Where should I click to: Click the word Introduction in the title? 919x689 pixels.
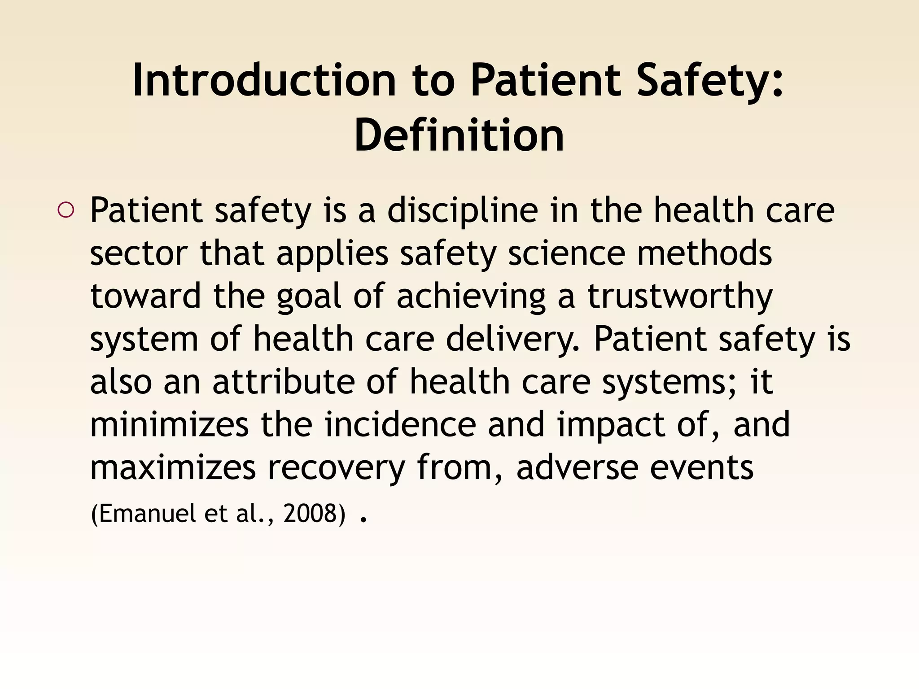(264, 81)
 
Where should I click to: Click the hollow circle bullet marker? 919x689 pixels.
(66, 210)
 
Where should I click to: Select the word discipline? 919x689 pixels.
(463, 210)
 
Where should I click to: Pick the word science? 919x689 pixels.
(566, 254)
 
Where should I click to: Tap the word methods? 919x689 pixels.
(705, 254)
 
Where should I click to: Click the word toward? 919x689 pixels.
(145, 297)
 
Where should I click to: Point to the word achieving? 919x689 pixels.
(471, 297)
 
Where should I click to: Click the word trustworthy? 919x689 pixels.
(680, 297)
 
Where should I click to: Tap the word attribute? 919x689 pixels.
(284, 382)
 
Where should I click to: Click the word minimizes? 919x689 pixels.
(169, 425)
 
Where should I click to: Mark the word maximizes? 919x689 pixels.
(173, 468)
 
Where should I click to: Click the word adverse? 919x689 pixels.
(577, 468)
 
